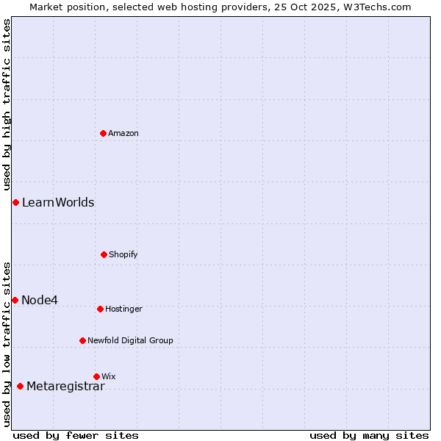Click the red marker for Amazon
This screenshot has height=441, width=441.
pos(104,133)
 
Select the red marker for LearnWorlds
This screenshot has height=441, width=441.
pos(15,202)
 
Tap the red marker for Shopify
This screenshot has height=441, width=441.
pos(104,254)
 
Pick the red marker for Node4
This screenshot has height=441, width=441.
pos(15,300)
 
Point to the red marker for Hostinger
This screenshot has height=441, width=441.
pos(100,309)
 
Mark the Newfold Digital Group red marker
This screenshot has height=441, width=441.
pos(82,340)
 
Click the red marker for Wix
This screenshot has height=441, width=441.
pos(96,376)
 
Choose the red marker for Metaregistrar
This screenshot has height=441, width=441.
pos(20,387)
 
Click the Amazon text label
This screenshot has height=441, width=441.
pos(123,133)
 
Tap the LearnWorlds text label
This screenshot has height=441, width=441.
pos(58,202)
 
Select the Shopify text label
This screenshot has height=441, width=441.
pos(123,254)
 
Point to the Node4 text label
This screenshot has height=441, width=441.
pos(40,300)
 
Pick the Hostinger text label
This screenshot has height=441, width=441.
pos(123,309)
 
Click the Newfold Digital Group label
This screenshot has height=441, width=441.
pos(130,340)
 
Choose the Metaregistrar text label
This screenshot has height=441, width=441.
pos(65,387)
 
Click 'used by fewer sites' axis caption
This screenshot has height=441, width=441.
pos(76,435)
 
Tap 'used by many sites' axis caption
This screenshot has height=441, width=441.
pos(369,435)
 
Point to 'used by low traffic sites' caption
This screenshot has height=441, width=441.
pos(7,344)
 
